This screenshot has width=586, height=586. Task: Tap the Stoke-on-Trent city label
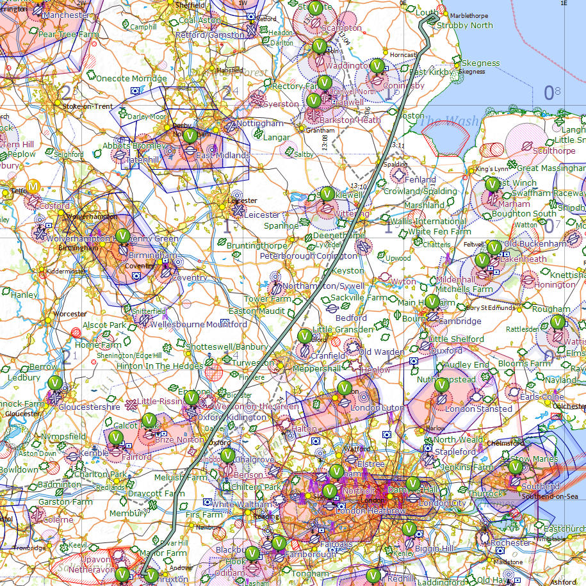point(88,106)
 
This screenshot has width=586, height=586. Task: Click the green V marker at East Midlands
point(190,136)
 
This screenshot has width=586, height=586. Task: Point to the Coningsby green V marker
point(378,66)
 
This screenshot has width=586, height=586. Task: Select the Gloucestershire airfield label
point(88,407)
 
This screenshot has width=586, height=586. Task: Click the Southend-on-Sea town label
point(544,496)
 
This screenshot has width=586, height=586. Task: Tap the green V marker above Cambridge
point(432,301)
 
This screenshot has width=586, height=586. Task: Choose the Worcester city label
point(70,314)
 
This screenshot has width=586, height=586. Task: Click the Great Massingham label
point(550,168)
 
